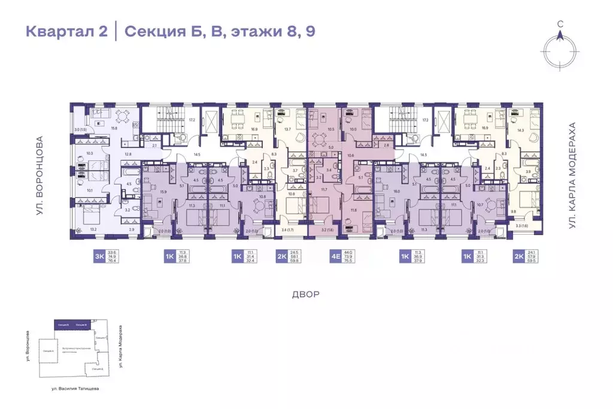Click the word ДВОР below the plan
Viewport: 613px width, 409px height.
click(x=306, y=295)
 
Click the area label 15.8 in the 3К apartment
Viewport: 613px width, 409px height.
click(x=115, y=128)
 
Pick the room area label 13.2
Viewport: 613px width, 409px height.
click(x=93, y=229)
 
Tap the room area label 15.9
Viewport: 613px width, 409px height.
click(x=163, y=192)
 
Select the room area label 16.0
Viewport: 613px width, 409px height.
click(x=396, y=192)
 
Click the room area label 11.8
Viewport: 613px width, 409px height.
click(x=353, y=210)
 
